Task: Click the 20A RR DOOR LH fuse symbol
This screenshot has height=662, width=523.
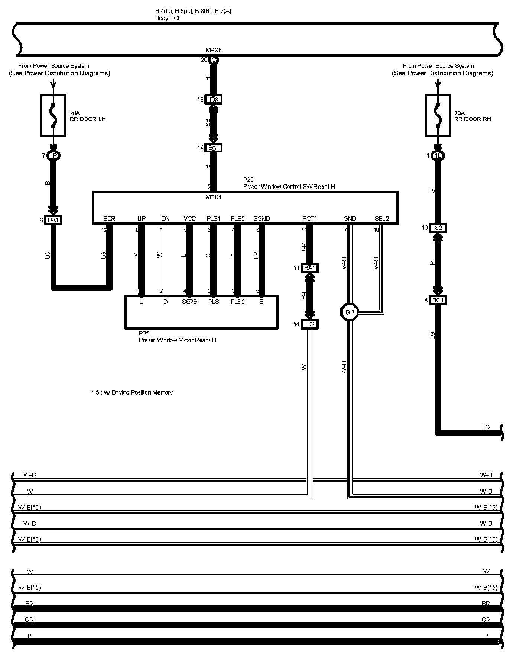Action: [53, 115]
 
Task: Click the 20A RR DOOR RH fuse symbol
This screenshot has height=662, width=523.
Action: [438, 115]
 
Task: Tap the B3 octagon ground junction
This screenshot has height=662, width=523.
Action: [350, 312]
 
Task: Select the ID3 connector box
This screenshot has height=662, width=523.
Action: [213, 100]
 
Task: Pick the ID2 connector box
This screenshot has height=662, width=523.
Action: [309, 324]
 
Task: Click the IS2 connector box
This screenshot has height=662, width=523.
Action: [438, 228]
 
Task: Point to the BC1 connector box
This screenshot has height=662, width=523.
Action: [438, 300]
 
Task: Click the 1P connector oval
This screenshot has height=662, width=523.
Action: [53, 156]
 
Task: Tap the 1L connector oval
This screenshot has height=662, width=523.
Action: [438, 156]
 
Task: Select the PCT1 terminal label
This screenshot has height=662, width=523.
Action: [309, 218]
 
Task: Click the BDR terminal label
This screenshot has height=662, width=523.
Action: [109, 218]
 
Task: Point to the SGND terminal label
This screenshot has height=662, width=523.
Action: [262, 218]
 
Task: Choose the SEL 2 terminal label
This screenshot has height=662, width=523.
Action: [382, 218]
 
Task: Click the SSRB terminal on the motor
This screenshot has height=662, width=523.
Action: [189, 302]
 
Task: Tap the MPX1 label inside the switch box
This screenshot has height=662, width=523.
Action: [213, 197]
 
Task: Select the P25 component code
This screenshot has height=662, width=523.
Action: [144, 333]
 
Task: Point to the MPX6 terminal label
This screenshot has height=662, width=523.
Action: [214, 50]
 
